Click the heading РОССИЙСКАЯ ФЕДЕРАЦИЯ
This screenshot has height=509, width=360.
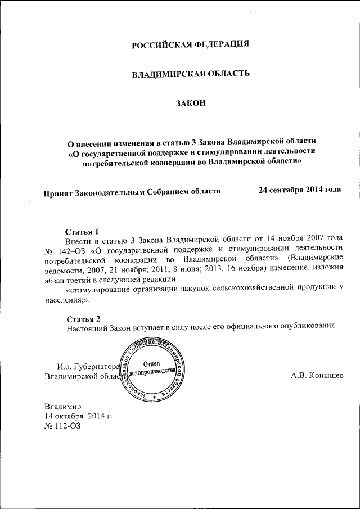pyautogui.click(x=190, y=45)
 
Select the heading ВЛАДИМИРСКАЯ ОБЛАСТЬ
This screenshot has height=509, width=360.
pyautogui.click(x=190, y=74)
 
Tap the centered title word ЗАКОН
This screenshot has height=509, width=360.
pyautogui.click(x=190, y=102)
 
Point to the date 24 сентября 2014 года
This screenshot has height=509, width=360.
pyautogui.click(x=299, y=190)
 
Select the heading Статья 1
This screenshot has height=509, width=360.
pyautogui.click(x=82, y=231)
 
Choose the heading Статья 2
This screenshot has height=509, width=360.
pyautogui.click(x=82, y=318)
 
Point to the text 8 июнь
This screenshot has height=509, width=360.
pyautogui.click(x=166, y=269)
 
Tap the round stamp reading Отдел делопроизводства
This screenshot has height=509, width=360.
pyautogui.click(x=150, y=368)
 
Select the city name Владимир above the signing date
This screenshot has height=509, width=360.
pyautogui.click(x=63, y=406)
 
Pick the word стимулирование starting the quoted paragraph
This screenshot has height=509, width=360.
pyautogui.click(x=100, y=288)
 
